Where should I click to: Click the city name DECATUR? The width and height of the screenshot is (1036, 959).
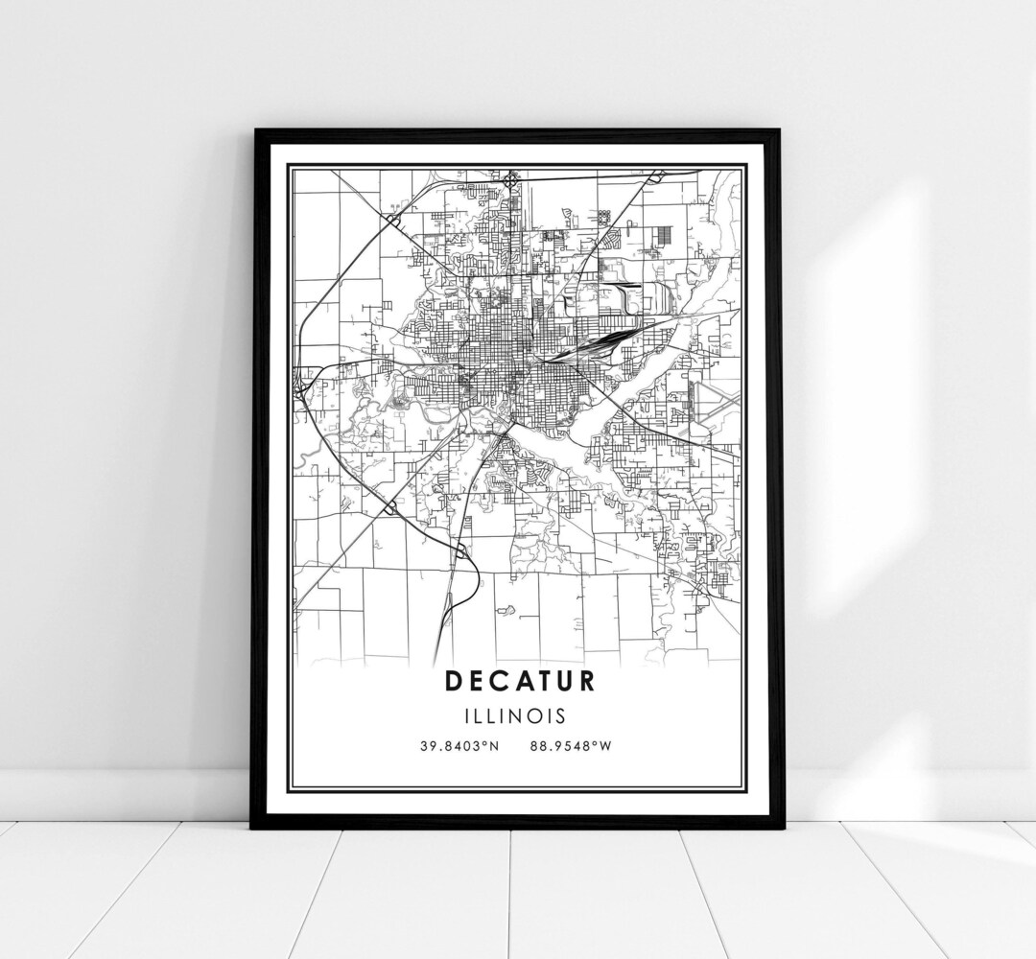tap(519, 680)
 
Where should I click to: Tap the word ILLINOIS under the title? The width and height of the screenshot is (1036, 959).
tap(518, 715)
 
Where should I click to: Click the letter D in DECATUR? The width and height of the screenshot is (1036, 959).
tap(452, 680)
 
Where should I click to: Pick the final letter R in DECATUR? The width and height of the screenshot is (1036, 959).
tap(586, 680)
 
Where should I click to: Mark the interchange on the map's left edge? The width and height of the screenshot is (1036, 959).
tap(299, 381)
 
